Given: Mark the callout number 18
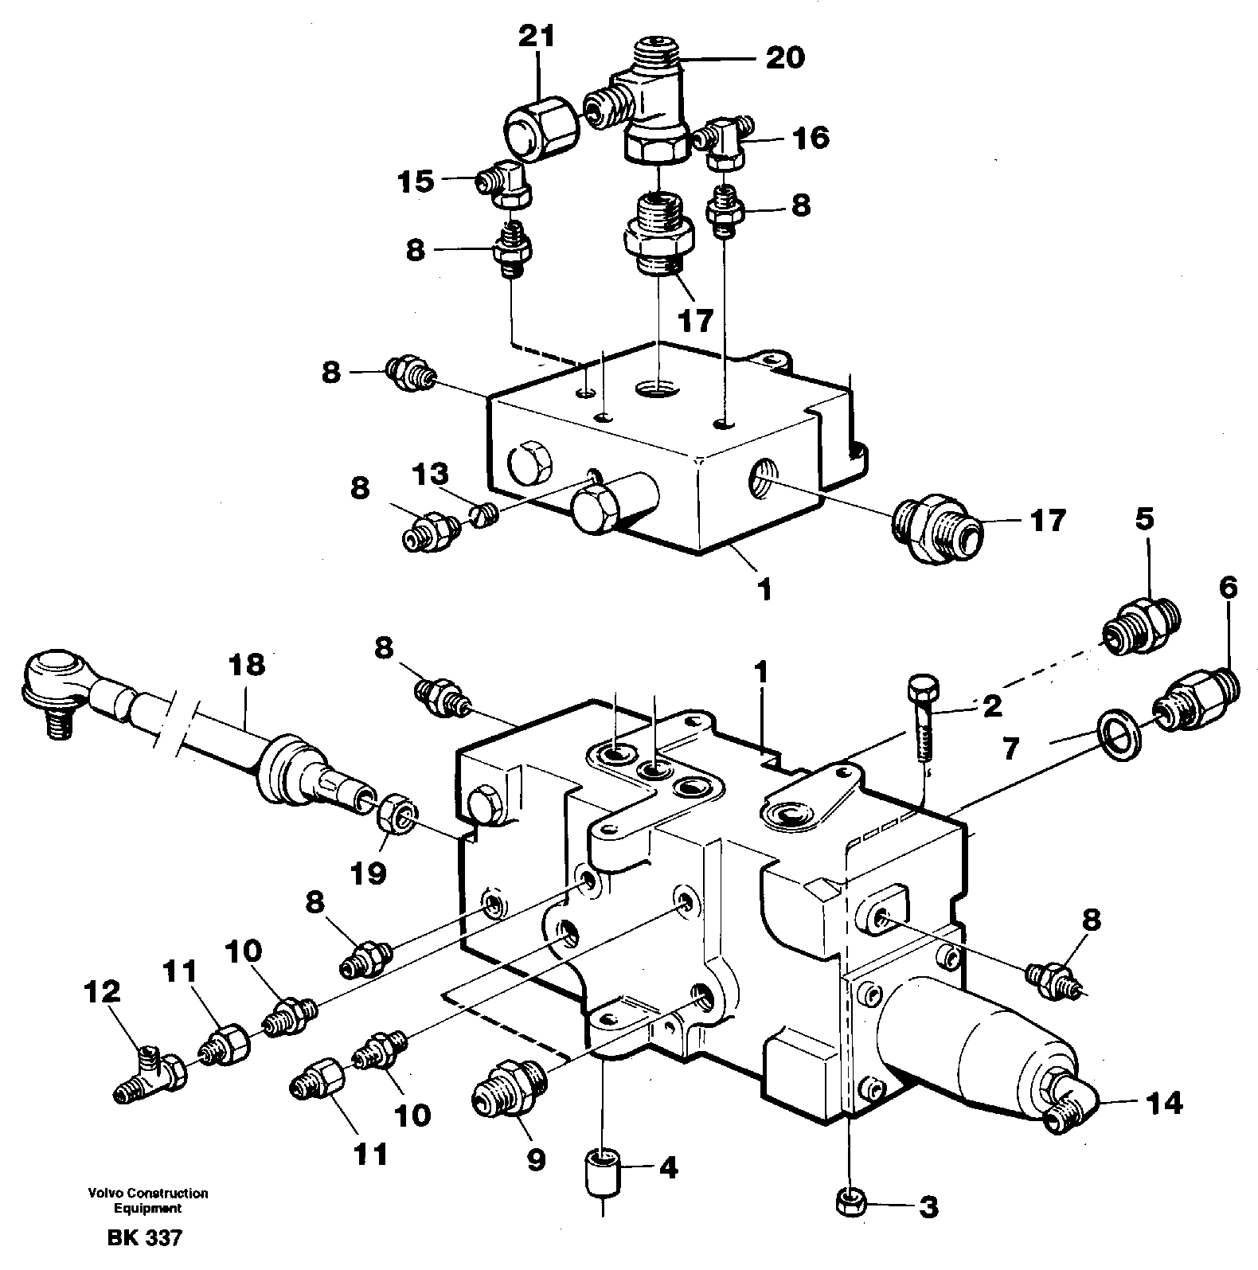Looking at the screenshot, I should click(246, 665).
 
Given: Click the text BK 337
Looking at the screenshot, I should click(143, 1238).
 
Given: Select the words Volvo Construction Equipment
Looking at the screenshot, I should click(148, 1201).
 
